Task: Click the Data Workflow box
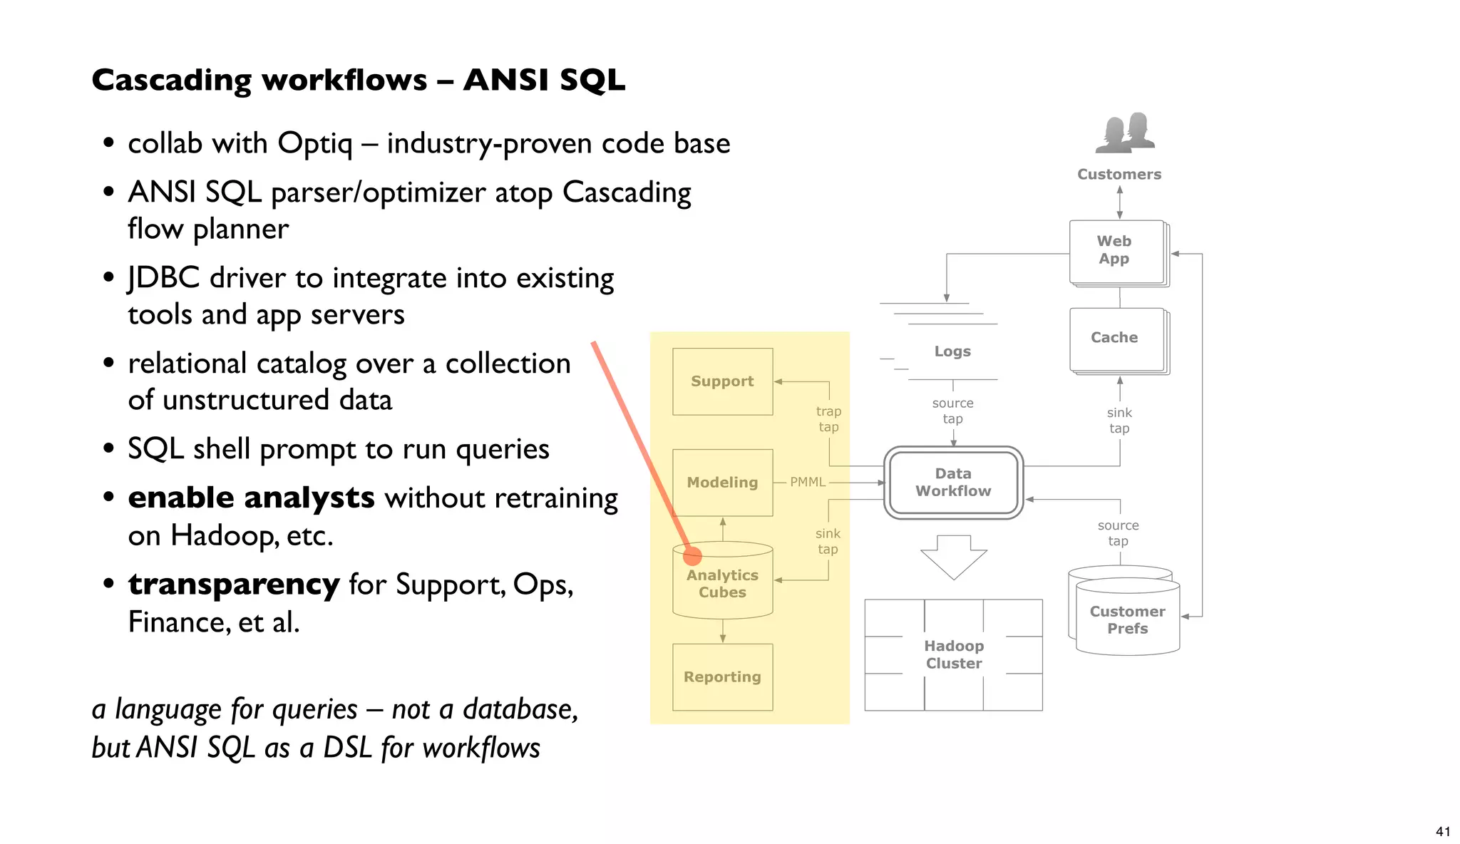(x=953, y=483)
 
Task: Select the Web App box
(x=1116, y=251)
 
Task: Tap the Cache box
(x=1116, y=339)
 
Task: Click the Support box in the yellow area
(x=722, y=381)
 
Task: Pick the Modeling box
(x=722, y=483)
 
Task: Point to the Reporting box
(x=722, y=677)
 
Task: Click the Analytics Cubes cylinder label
(x=722, y=584)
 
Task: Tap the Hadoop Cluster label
(x=954, y=654)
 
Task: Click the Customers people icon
(x=1124, y=133)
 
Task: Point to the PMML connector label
(x=807, y=483)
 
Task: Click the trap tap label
(x=828, y=419)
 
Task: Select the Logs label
(x=952, y=351)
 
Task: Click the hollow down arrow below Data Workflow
(x=953, y=557)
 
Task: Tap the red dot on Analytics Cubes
(x=692, y=556)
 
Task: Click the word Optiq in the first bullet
(x=314, y=144)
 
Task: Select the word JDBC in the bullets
(x=163, y=278)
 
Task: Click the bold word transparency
(x=234, y=585)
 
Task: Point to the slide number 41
(x=1442, y=831)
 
